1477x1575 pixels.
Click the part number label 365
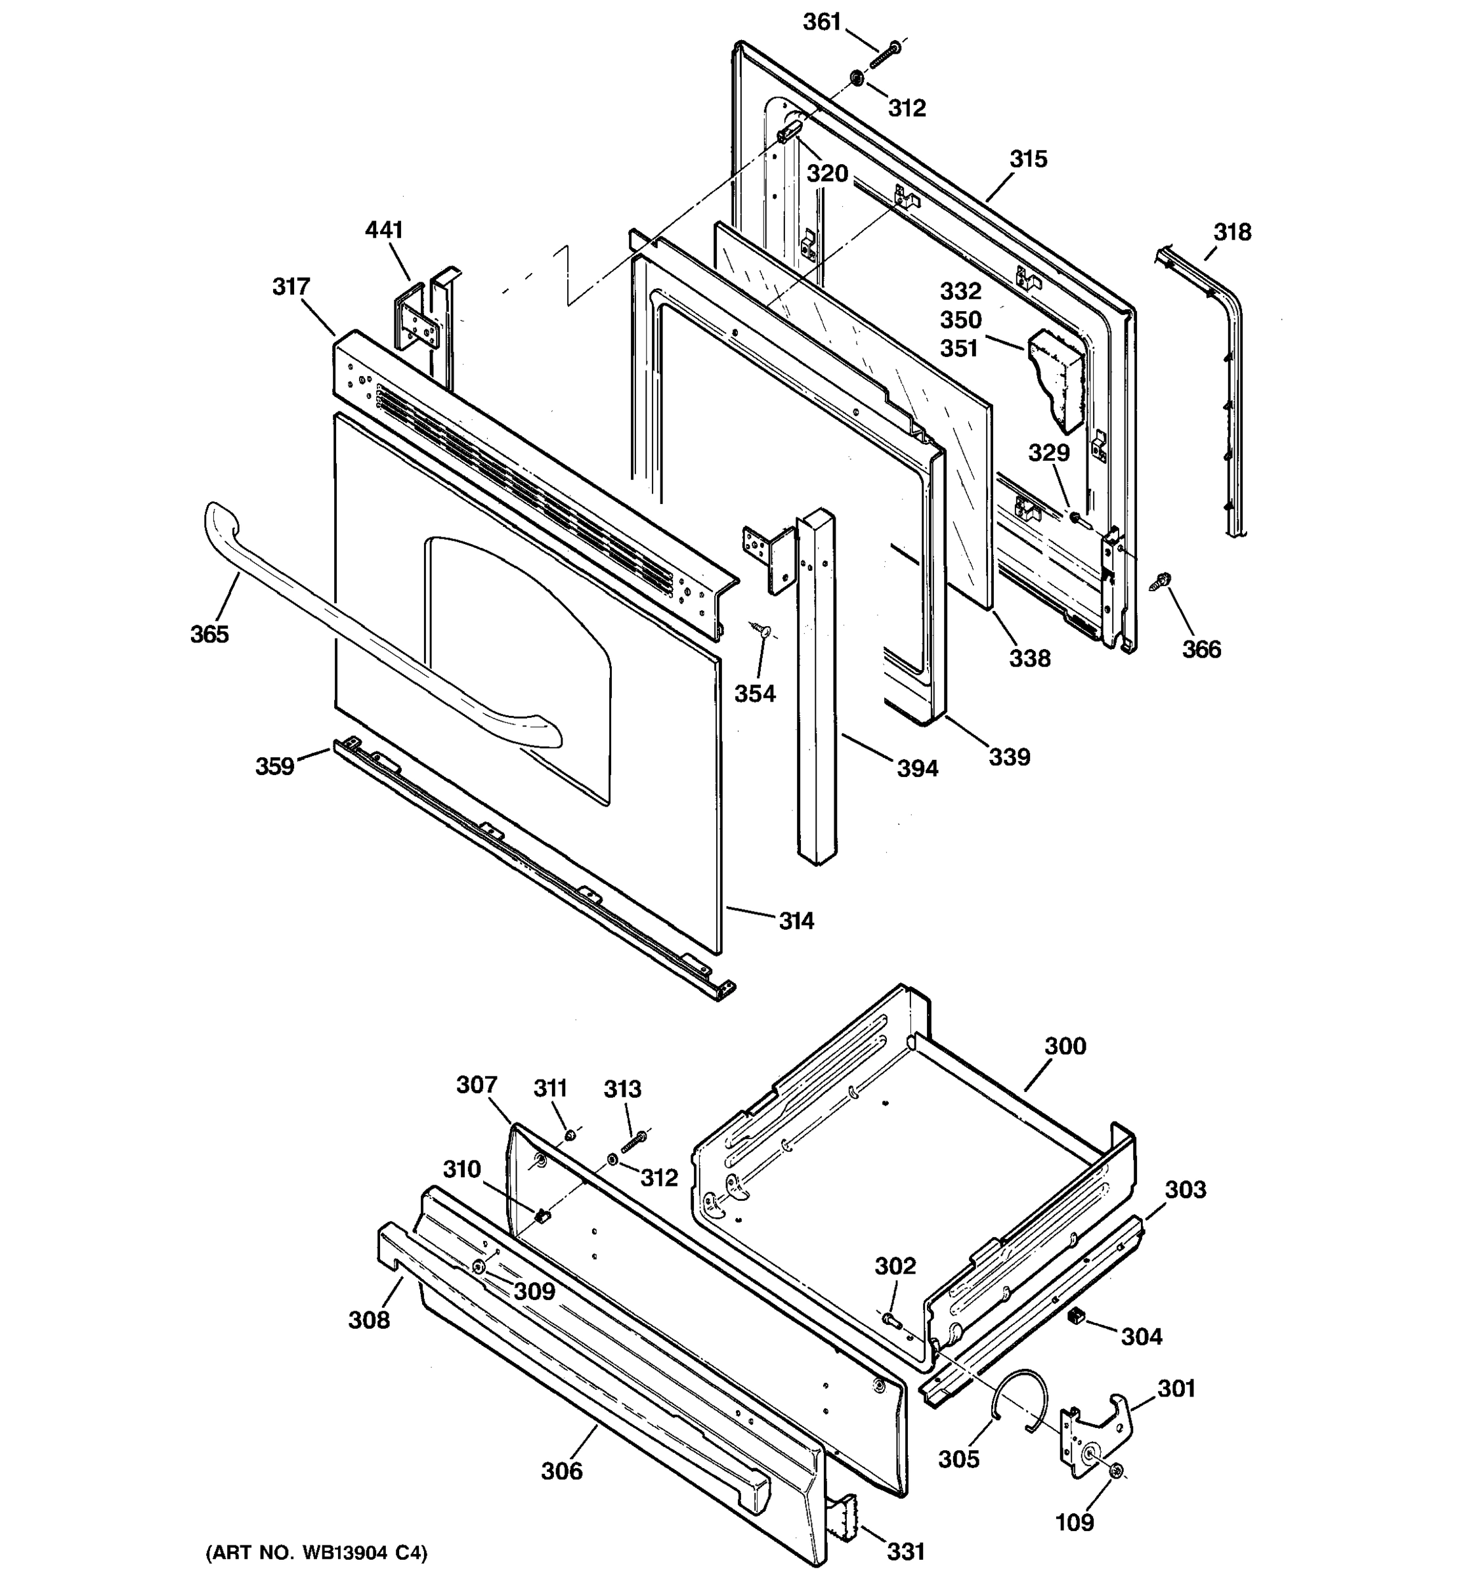[209, 634]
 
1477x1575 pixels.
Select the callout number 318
[1232, 232]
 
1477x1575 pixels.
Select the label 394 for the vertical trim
[918, 768]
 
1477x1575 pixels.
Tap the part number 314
[796, 921]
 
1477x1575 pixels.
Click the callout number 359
[274, 766]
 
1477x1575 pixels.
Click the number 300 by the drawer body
[1065, 1047]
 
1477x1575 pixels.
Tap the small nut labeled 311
[570, 1136]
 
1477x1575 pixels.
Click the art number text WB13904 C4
[317, 1553]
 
